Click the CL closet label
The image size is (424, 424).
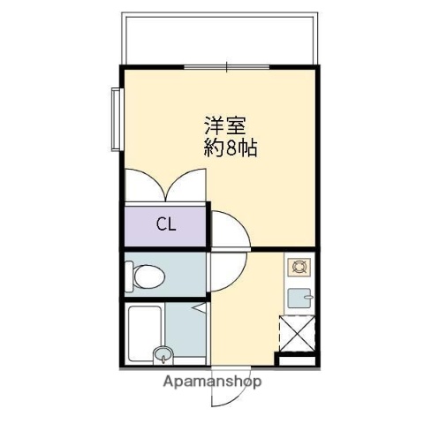point(166,224)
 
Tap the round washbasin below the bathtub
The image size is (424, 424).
point(162,356)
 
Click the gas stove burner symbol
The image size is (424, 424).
point(297,265)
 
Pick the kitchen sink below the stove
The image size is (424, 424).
point(299,298)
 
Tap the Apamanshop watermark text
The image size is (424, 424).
point(212,382)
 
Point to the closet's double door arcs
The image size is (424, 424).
point(166,186)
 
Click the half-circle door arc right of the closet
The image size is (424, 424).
point(228,233)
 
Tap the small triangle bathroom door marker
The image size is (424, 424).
point(200,308)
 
